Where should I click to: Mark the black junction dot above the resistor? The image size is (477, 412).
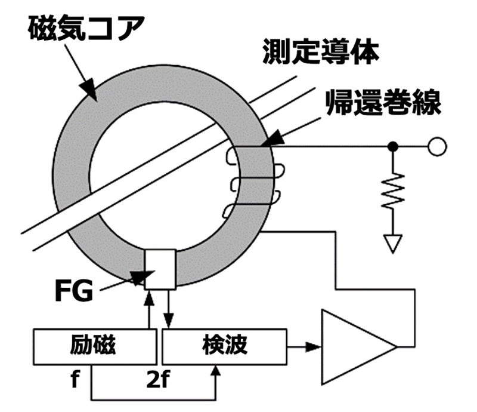click(x=393, y=146)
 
